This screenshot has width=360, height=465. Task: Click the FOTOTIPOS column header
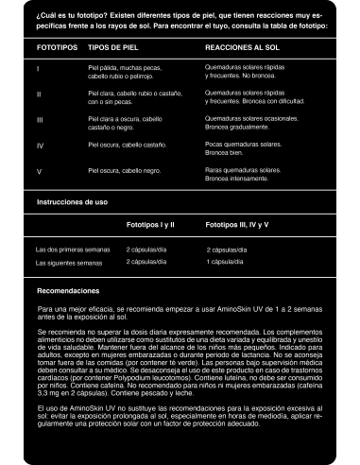click(56, 46)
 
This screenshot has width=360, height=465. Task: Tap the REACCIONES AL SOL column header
click(243, 46)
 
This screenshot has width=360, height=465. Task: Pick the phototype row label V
click(39, 172)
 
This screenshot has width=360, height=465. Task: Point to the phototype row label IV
click(40, 146)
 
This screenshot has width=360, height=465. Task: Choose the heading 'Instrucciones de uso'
click(71, 203)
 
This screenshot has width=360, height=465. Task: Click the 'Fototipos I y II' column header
click(150, 226)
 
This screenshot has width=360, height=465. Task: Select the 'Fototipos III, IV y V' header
click(237, 226)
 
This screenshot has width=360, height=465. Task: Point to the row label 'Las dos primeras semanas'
click(71, 250)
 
